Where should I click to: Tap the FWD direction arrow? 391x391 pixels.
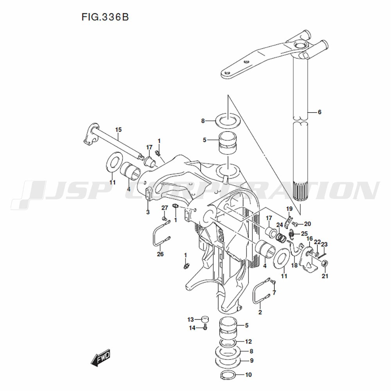[x=100, y=357]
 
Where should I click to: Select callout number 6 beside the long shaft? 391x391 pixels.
[x=319, y=112]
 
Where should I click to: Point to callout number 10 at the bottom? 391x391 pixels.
[x=249, y=375]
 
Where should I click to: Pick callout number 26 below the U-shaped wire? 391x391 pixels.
[x=160, y=254]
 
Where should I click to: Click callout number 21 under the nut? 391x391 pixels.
[x=325, y=276]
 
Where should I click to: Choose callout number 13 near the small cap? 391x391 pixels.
[x=190, y=319]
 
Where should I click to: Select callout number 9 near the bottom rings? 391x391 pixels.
[x=251, y=361]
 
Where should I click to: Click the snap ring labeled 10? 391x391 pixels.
[x=228, y=375]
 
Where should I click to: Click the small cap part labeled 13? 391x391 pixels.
[x=205, y=319]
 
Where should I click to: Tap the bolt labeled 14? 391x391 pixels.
[x=205, y=327]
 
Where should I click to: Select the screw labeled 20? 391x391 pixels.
[x=294, y=224]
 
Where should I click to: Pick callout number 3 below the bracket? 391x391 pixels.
[x=148, y=212]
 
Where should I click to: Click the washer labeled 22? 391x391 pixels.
[x=317, y=255]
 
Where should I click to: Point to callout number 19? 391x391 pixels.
[x=289, y=208]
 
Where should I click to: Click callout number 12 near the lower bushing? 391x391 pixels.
[x=249, y=341]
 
